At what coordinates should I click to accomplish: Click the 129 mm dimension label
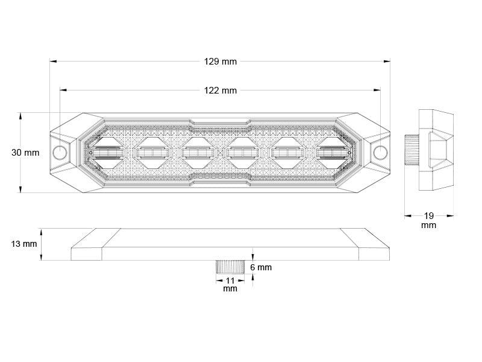click(221, 61)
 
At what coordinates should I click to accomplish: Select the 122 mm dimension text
click(221, 91)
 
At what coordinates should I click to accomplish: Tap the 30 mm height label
click(25, 153)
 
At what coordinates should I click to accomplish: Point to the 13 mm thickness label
click(23, 244)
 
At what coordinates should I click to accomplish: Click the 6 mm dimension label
click(261, 267)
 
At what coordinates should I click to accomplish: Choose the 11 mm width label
click(230, 284)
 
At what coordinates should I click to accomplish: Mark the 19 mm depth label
click(428, 220)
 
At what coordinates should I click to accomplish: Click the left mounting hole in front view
click(60, 152)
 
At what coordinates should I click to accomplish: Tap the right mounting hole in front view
click(380, 152)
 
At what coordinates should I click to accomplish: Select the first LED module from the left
click(107, 153)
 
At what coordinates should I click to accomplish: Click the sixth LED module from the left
click(334, 153)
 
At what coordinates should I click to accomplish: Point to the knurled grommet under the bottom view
click(230, 267)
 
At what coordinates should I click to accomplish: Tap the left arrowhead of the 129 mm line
click(52, 61)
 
